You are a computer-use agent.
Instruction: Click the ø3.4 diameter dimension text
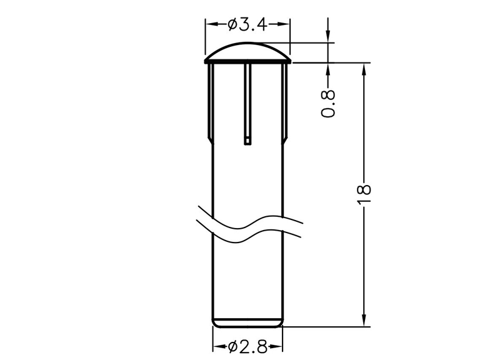[247, 24]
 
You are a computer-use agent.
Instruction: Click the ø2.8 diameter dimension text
[247, 347]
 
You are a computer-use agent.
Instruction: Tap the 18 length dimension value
[364, 193]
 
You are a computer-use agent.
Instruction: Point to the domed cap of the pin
[247, 51]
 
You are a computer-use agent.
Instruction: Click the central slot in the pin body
[247, 104]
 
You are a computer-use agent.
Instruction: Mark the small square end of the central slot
[247, 142]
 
